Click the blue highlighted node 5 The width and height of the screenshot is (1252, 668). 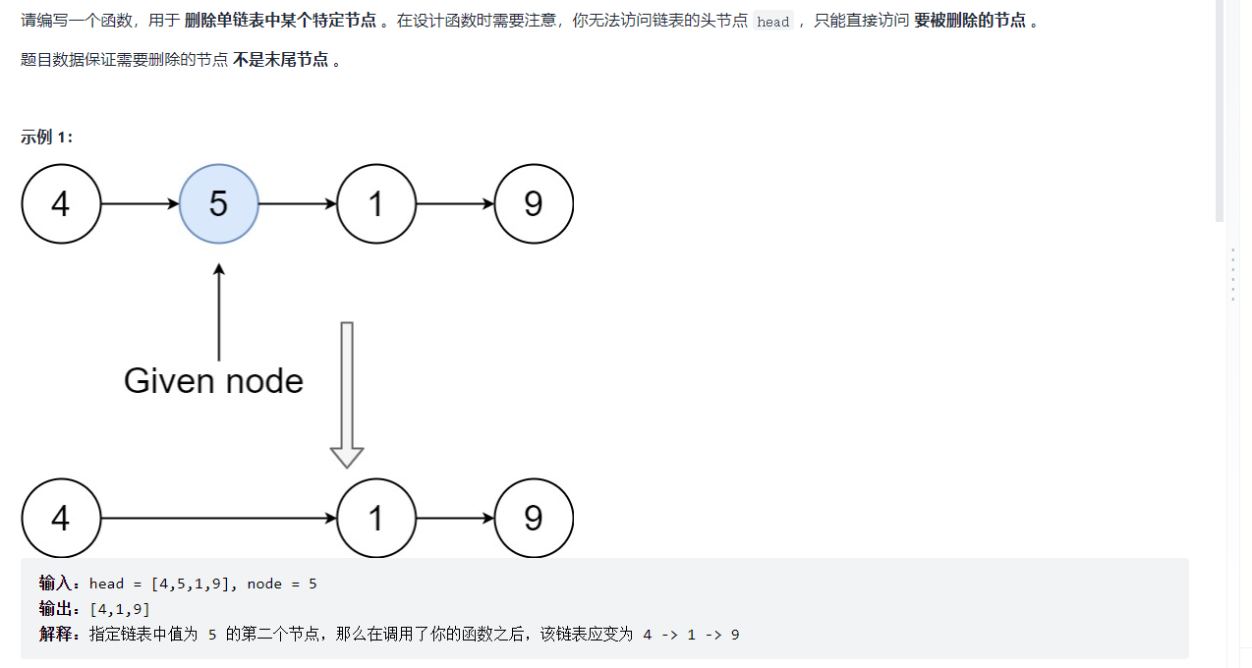(218, 204)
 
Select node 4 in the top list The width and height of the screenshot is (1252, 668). (61, 204)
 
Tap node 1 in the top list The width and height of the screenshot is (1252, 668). (375, 204)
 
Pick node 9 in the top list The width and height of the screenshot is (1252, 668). (534, 204)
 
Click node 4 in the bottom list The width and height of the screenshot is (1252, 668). (61, 518)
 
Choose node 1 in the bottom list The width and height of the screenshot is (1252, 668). (375, 518)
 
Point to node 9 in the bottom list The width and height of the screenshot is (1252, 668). (534, 518)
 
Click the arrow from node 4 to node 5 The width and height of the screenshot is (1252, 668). (140, 204)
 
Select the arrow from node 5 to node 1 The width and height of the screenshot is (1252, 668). (297, 204)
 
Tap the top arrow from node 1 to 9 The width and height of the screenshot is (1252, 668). (455, 204)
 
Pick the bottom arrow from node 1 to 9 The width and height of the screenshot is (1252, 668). (455, 518)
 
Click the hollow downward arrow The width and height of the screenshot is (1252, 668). (347, 393)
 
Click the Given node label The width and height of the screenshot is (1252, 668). (213, 381)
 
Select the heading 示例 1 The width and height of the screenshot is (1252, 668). (46, 138)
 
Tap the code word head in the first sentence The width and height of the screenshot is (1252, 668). (773, 22)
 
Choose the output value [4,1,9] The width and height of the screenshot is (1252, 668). (119, 610)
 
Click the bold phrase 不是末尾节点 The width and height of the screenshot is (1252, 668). (281, 60)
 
